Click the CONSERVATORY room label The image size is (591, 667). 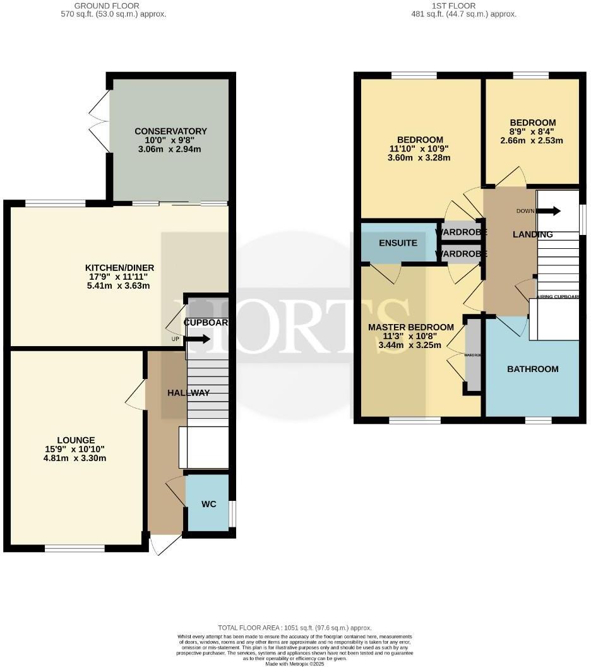click(x=170, y=131)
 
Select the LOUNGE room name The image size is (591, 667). click(x=76, y=440)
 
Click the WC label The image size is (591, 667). click(x=209, y=505)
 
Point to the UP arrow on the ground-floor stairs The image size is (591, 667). click(x=197, y=339)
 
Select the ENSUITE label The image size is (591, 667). click(x=398, y=243)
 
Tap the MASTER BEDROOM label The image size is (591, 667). click(x=411, y=327)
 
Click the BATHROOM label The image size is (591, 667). click(x=533, y=369)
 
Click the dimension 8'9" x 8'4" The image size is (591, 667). click(x=532, y=132)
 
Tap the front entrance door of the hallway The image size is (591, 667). click(x=163, y=544)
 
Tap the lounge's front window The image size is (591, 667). click(x=75, y=548)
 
